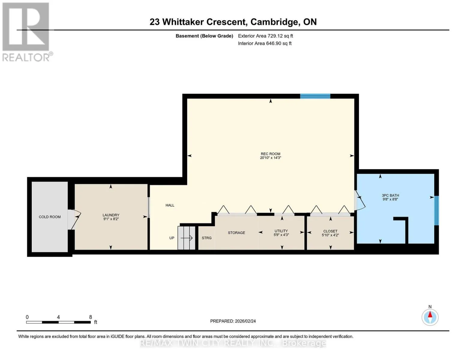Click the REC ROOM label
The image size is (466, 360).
pos(270,154)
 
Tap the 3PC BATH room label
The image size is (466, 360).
pos(390,195)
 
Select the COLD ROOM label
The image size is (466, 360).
pos(50,217)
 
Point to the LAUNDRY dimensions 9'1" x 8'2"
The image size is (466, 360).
pos(111,219)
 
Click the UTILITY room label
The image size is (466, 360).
pos(281,231)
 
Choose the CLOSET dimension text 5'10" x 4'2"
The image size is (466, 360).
pos(330,235)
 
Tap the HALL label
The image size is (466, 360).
pos(170,205)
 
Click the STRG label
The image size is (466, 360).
pos(207,238)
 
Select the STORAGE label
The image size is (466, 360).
pos(236,233)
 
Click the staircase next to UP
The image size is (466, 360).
pos(186,238)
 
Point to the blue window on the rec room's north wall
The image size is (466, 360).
pos(315,96)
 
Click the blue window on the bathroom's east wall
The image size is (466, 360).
pos(437,211)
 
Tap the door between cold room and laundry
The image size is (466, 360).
pos(74,219)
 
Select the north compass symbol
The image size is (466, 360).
pos(430,317)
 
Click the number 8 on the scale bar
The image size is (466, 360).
pos(91,317)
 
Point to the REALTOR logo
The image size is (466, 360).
pos(27,32)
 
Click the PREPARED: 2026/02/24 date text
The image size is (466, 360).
pos(233,321)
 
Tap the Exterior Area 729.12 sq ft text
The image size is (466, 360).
pos(265,36)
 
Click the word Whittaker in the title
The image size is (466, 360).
pos(183,22)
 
